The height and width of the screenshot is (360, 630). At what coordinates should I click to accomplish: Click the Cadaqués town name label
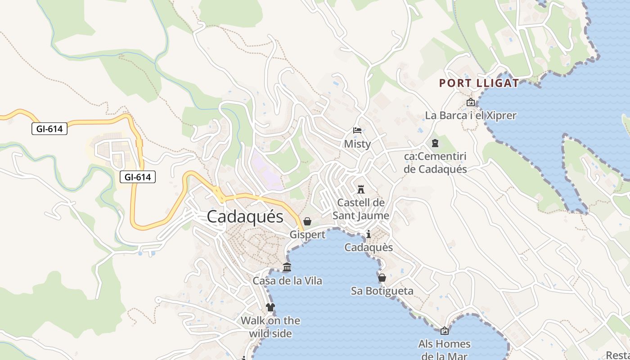[245, 217]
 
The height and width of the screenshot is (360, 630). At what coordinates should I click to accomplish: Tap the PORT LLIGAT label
[479, 83]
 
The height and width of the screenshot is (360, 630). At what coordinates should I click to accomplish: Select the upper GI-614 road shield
[49, 129]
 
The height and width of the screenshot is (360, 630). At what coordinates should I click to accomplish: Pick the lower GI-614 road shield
[138, 177]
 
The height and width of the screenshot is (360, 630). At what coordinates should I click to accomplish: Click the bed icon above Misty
[357, 130]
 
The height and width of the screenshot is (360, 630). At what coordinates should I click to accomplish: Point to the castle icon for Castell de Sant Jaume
[360, 189]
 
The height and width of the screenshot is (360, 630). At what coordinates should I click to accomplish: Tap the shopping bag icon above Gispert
[307, 221]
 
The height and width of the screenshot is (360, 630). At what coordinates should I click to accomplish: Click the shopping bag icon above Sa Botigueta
[382, 278]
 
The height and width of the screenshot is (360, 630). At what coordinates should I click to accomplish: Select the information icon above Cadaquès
[369, 234]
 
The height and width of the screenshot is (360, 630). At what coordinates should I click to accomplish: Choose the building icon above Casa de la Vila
[287, 267]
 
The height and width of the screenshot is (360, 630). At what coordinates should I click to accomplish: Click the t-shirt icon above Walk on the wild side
[270, 307]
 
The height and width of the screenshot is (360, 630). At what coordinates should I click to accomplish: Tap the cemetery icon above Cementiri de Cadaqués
[435, 143]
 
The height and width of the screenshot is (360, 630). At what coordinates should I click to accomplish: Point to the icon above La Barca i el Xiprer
[471, 102]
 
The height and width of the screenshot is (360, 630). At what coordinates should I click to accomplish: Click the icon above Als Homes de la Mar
[445, 331]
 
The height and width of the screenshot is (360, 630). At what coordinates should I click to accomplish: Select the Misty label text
[357, 144]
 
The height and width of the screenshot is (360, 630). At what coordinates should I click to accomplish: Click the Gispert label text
[307, 235]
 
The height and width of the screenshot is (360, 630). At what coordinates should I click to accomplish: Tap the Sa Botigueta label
[382, 291]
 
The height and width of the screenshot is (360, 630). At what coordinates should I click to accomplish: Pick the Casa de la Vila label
[287, 281]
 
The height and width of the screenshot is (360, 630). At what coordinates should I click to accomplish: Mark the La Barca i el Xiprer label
[471, 116]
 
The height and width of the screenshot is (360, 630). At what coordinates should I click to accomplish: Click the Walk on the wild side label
[270, 327]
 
